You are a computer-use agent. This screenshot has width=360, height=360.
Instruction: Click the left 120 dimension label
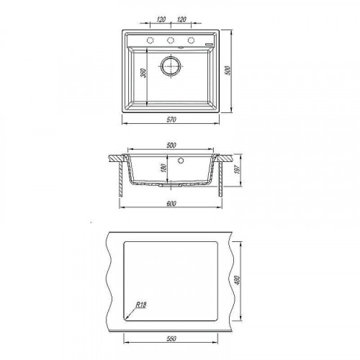click(x=161, y=19)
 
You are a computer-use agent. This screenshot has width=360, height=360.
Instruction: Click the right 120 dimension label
click(x=181, y=19)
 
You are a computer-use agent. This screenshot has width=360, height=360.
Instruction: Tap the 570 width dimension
click(x=171, y=120)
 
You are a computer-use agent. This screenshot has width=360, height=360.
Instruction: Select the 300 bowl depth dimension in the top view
click(x=143, y=73)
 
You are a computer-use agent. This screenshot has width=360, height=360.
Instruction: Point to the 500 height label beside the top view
click(x=228, y=71)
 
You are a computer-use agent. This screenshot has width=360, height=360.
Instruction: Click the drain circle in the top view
click(x=171, y=66)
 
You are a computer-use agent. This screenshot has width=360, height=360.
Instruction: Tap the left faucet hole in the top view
click(x=150, y=40)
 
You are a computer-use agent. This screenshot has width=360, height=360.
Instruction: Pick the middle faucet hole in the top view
click(x=171, y=40)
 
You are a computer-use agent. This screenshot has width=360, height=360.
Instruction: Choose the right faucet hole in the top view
click(x=191, y=40)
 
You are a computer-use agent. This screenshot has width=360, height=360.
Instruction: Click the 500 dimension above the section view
click(x=171, y=145)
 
